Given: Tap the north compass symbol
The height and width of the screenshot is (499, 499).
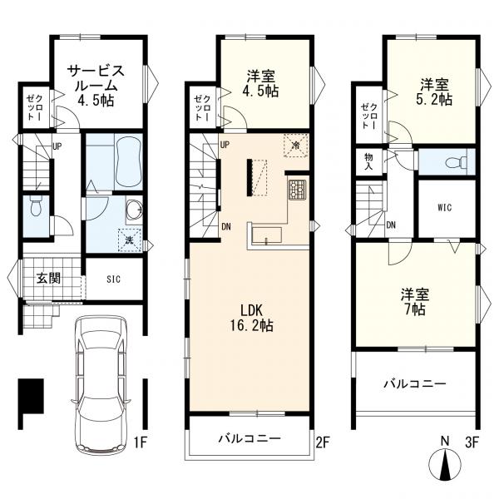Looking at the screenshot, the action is [445, 463].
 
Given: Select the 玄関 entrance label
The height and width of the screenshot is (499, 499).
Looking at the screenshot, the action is [48, 279].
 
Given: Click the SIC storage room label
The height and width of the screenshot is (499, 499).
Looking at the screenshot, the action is [114, 279].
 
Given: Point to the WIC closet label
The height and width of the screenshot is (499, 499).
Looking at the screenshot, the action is [445, 208].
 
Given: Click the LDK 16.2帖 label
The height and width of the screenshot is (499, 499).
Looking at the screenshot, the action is [251, 318].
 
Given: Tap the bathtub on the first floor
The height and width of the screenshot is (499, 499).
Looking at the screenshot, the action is [129, 162].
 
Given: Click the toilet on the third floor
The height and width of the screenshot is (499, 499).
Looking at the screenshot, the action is [456, 163].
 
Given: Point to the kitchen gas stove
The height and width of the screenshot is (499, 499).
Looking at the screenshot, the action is [298, 190].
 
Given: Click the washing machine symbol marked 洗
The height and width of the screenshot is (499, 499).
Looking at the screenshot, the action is [130, 240].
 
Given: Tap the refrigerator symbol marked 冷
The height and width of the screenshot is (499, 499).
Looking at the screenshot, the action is [296, 146].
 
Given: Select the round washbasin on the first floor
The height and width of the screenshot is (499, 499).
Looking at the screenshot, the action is [134, 210].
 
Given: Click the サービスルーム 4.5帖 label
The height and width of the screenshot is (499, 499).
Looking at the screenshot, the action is [96, 86].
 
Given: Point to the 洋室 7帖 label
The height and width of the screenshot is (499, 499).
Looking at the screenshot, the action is [415, 301].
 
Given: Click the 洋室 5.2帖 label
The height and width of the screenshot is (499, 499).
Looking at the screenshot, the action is [434, 92].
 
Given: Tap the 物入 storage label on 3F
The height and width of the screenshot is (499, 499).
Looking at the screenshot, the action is [368, 161].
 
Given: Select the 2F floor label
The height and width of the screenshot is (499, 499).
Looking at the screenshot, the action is [322, 442].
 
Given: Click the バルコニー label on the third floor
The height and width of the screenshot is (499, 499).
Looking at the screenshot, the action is [415, 384].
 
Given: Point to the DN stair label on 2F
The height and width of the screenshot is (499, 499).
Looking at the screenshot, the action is [226, 227].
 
